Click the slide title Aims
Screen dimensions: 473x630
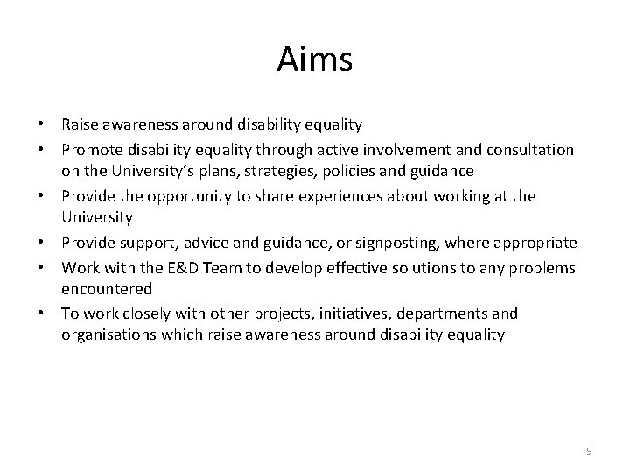click(314, 60)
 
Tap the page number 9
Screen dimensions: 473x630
click(589, 450)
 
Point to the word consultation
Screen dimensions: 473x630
click(527, 151)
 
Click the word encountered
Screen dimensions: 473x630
click(106, 289)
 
